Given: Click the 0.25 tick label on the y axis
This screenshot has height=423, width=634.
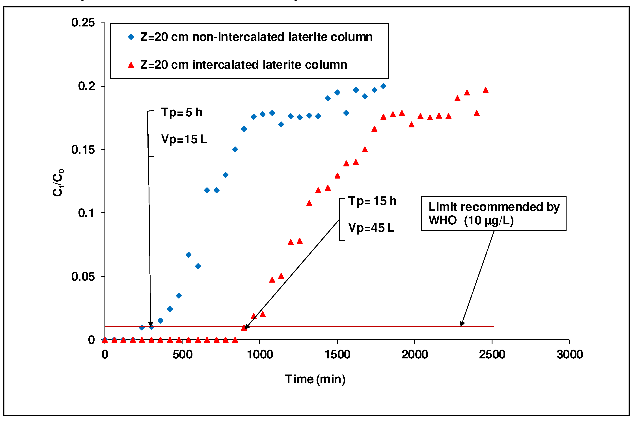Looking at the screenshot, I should pos(83,22).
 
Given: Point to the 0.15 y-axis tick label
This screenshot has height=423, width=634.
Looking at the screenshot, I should pos(83,150).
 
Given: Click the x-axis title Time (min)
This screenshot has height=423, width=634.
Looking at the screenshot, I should pos(315,380).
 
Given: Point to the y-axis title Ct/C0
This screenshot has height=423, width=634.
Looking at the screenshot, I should pos(58,183).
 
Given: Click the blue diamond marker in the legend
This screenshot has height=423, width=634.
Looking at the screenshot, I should pos(131,37).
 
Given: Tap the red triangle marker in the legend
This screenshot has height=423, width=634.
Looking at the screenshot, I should pos(131,65).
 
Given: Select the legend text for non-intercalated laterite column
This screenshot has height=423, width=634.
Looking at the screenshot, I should pos(256,37).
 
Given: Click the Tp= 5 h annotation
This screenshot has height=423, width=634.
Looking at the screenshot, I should pos(182,112).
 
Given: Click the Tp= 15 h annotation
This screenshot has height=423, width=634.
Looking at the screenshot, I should pos(372,201).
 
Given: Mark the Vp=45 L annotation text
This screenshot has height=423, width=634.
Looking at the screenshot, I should pos(371,228).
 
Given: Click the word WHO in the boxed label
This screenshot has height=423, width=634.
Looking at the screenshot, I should pos(442,221).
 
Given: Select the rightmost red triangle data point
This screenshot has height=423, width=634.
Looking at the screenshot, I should pos(486,90).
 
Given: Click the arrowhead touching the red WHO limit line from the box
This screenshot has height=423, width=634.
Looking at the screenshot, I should pos(462,324).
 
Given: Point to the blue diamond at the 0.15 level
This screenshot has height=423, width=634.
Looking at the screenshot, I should pos(235,149).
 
